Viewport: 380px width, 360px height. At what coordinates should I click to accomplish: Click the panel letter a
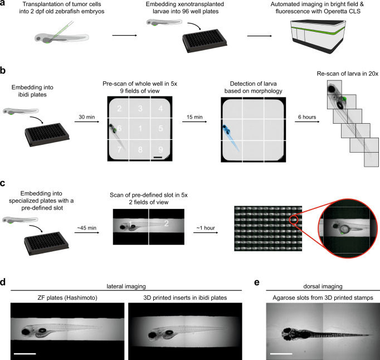[x=4, y=4]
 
